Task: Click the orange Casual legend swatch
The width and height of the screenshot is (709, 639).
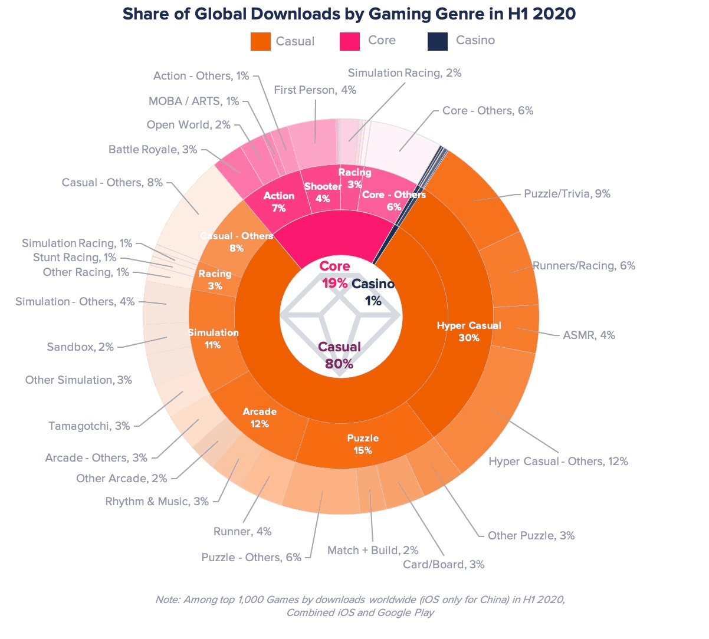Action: (261, 41)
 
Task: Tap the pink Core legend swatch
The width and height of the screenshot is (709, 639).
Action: (350, 41)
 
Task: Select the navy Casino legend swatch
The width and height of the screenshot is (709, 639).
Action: (438, 41)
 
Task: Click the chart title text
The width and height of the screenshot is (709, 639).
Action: (349, 14)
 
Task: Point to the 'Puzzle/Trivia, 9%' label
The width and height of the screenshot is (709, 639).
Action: (567, 193)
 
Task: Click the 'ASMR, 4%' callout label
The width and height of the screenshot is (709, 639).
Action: (589, 335)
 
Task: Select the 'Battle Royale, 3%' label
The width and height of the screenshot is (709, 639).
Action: (153, 149)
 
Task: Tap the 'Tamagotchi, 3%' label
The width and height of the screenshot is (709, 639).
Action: (89, 426)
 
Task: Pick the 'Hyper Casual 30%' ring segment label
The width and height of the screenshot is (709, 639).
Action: (469, 331)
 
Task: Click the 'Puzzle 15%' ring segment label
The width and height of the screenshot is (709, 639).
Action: (363, 444)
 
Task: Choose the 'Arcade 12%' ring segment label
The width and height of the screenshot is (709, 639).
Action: (260, 417)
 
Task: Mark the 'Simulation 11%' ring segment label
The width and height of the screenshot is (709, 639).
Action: (213, 338)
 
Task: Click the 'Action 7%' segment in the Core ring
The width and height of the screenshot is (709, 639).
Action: (279, 202)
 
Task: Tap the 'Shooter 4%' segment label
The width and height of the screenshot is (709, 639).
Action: (323, 192)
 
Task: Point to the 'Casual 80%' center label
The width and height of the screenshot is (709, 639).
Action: (339, 355)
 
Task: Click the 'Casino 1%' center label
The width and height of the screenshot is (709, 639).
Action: (373, 292)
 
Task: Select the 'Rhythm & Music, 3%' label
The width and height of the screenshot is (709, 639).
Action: (157, 501)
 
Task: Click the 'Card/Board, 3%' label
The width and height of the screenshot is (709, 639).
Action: (444, 565)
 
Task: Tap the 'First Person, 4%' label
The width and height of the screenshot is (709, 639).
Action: (315, 90)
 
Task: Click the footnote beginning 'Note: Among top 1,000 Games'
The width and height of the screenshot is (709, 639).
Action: (360, 606)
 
